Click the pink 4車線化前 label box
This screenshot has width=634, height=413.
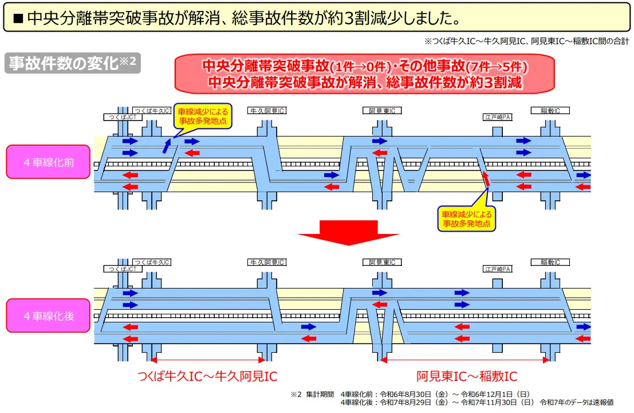pyautogui.click(x=49, y=162)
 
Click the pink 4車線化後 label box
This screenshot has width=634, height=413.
pyautogui.click(x=49, y=315)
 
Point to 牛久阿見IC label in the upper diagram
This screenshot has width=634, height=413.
pyautogui.click(x=267, y=110)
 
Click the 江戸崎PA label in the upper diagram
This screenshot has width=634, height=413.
pyautogui.click(x=498, y=117)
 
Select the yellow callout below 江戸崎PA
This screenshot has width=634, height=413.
pyautogui.click(x=467, y=219)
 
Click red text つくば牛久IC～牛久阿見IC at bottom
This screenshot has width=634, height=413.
pyautogui.click(x=207, y=377)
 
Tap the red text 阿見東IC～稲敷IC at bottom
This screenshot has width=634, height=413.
pyautogui.click(x=467, y=377)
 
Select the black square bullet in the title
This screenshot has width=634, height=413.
pyautogui.click(x=17, y=18)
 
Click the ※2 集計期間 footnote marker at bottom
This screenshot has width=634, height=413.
pyautogui.click(x=296, y=395)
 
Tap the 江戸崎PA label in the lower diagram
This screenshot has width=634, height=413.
pyautogui.click(x=498, y=268)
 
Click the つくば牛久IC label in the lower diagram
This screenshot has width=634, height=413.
pyautogui.click(x=151, y=262)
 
